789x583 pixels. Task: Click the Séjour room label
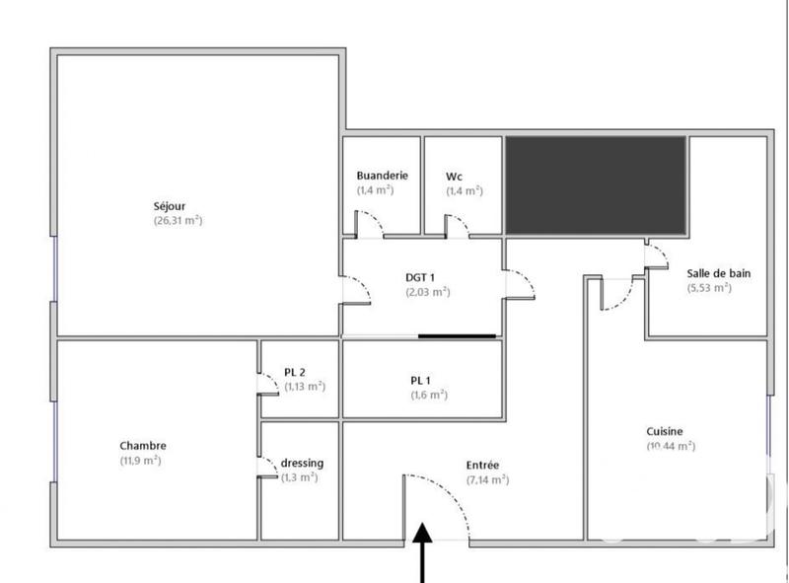point(171,206)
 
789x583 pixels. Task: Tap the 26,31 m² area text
point(178,221)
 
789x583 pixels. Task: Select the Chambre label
point(143,445)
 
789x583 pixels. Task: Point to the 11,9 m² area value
point(141,460)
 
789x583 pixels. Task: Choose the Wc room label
point(455,176)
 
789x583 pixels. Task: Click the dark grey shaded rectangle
point(596,185)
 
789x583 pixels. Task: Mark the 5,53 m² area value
point(709,288)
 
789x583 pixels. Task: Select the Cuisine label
point(664,431)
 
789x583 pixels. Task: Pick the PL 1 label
point(420,380)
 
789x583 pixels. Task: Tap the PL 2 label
point(294,372)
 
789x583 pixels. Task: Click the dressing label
point(302,463)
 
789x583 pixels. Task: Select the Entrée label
point(483,465)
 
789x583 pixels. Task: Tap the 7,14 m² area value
point(487,480)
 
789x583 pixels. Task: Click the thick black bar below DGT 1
point(457,336)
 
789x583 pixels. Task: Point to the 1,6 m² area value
point(429,395)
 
